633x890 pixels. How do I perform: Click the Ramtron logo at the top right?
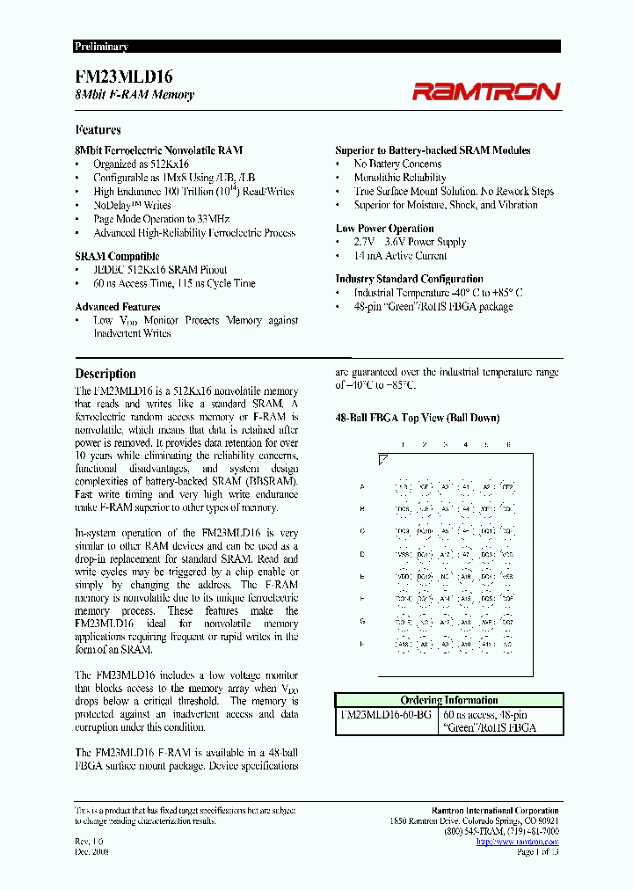pos(486,91)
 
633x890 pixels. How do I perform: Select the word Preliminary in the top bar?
pos(101,47)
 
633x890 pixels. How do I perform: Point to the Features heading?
pos(98,129)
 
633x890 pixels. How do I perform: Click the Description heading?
pos(105,374)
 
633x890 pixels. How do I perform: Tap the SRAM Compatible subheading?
pos(117,256)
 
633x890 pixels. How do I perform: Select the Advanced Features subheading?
pos(118,307)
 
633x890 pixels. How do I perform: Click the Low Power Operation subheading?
pos(385,229)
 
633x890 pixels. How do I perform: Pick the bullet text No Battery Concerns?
pos(397,164)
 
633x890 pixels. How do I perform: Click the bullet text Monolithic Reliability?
pos(400,178)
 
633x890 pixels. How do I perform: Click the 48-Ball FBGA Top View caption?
pos(418,419)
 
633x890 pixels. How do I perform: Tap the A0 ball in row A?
pos(445,486)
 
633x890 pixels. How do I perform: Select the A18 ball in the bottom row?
pos(404,644)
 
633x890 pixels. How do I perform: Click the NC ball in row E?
pos(445,577)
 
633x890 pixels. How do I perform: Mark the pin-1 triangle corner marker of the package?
pos(382,459)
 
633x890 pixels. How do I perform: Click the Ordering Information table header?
pos(448,700)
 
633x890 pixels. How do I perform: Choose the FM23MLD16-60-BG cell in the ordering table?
pos(385,715)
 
